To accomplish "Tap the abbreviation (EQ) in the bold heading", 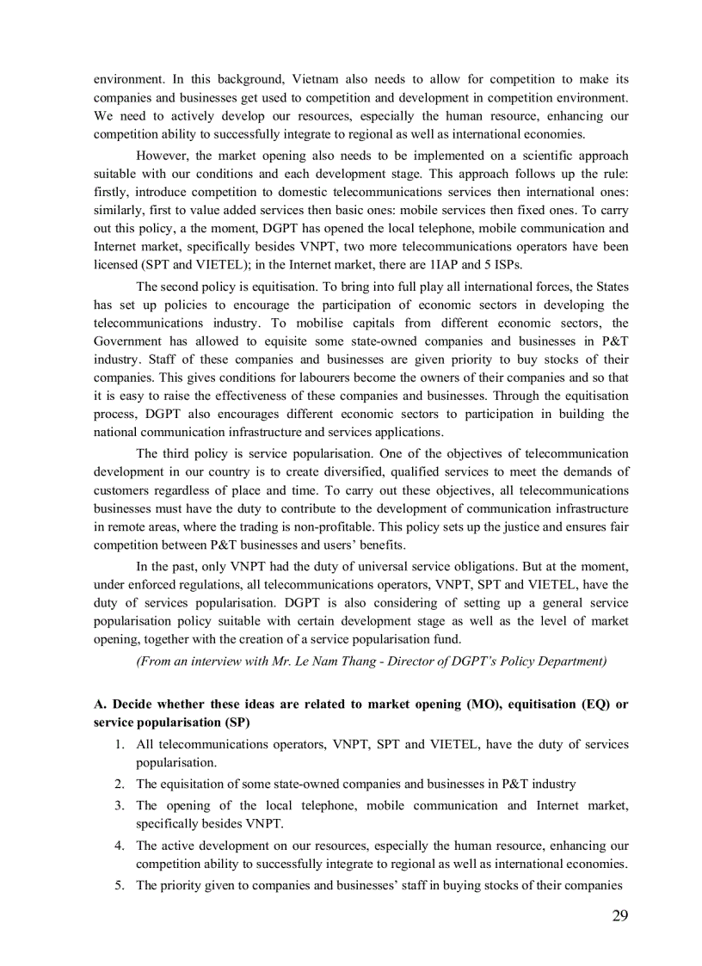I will (x=588, y=704).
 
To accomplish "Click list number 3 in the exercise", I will (x=120, y=805).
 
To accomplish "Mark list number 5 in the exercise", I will (x=120, y=885).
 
